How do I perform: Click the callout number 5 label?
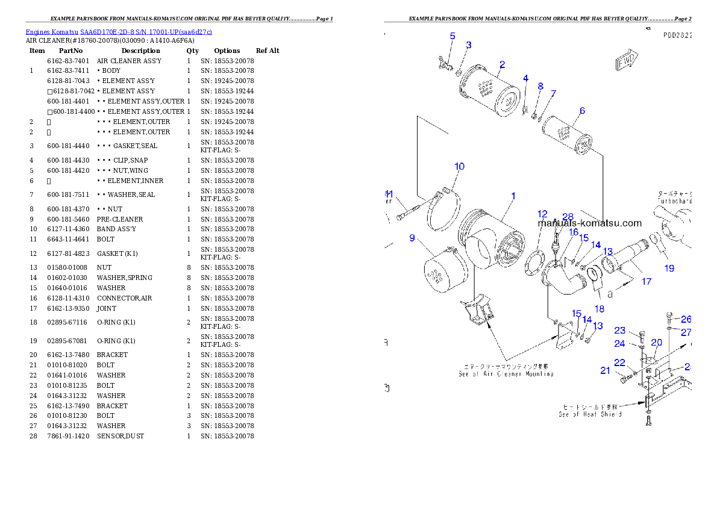[x=452, y=36]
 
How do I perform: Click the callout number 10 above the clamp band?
[x=459, y=166]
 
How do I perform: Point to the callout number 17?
[x=647, y=281]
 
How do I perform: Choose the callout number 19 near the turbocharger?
[x=669, y=269]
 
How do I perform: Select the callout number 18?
[x=600, y=309]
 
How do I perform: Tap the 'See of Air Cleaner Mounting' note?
[x=506, y=370]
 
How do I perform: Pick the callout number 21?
[x=606, y=370]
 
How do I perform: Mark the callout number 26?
[x=686, y=319]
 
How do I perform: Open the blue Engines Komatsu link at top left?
[x=119, y=32]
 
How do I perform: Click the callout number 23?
[x=620, y=330]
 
